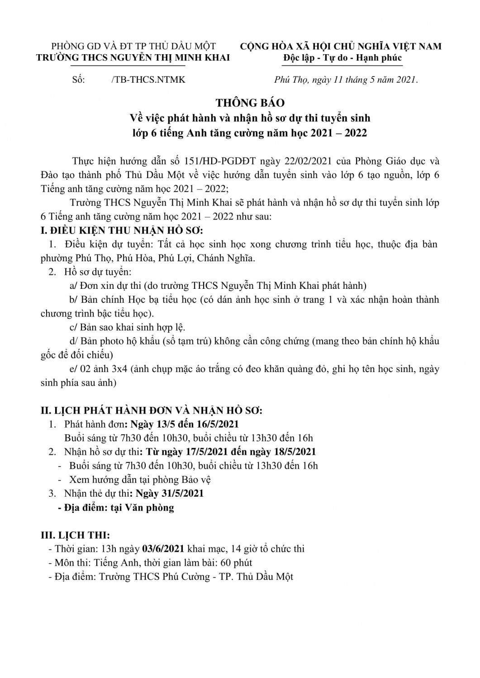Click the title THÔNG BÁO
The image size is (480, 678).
[250, 103]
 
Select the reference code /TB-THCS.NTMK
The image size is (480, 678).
[148, 80]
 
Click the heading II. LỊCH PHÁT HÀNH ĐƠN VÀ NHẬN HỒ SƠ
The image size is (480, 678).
[152, 410]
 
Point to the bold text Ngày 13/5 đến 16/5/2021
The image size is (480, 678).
[184, 424]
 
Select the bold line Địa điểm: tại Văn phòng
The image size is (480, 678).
[116, 507]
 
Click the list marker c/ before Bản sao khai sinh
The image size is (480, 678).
[72, 327]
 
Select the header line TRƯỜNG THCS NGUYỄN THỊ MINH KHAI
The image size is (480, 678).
[133, 57]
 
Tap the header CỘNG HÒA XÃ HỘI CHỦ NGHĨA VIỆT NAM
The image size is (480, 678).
[341, 46]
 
